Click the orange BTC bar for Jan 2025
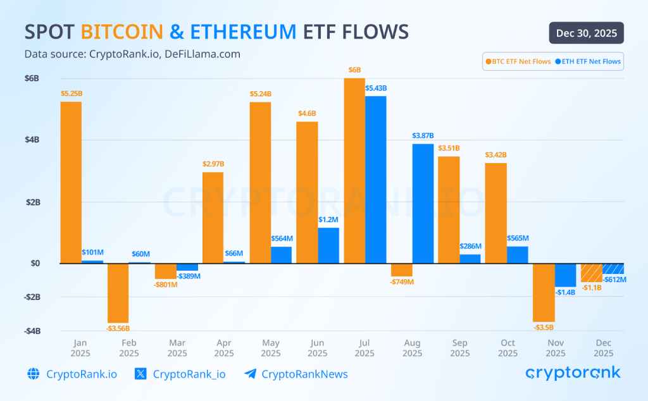coord(71,182)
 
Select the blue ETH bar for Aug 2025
coord(423,203)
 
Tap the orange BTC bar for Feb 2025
coord(118,293)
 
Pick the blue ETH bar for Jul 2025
coord(376,179)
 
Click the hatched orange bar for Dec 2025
coord(592,273)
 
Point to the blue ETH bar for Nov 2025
coord(565,275)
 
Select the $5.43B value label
coord(376,88)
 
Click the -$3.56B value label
coord(118,328)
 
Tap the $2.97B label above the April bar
coord(213,164)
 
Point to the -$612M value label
coord(614,280)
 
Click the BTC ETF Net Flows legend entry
coord(518,61)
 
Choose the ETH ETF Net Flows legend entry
coord(588,61)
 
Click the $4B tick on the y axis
coord(32,140)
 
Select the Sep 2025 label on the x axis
coord(459,348)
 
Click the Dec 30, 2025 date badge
coord(587,33)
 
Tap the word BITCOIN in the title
coord(121,32)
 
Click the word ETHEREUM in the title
coord(243,32)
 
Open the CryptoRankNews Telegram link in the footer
coord(296,374)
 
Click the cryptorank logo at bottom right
coord(573,373)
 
